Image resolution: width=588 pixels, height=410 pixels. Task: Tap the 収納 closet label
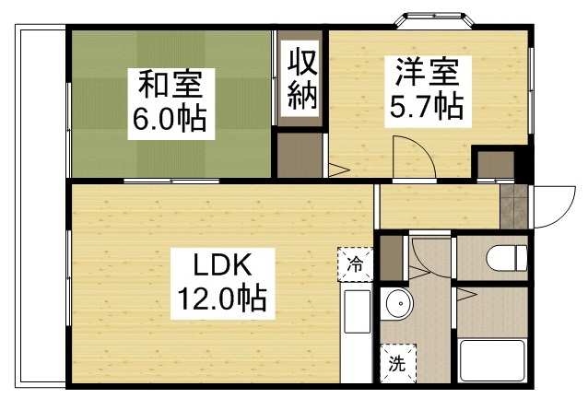(x=301, y=79)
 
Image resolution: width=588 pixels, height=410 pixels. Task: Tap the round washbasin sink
(x=399, y=303)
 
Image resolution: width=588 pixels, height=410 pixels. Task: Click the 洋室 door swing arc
(x=411, y=153)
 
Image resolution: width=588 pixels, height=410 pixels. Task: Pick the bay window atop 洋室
(x=431, y=18)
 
